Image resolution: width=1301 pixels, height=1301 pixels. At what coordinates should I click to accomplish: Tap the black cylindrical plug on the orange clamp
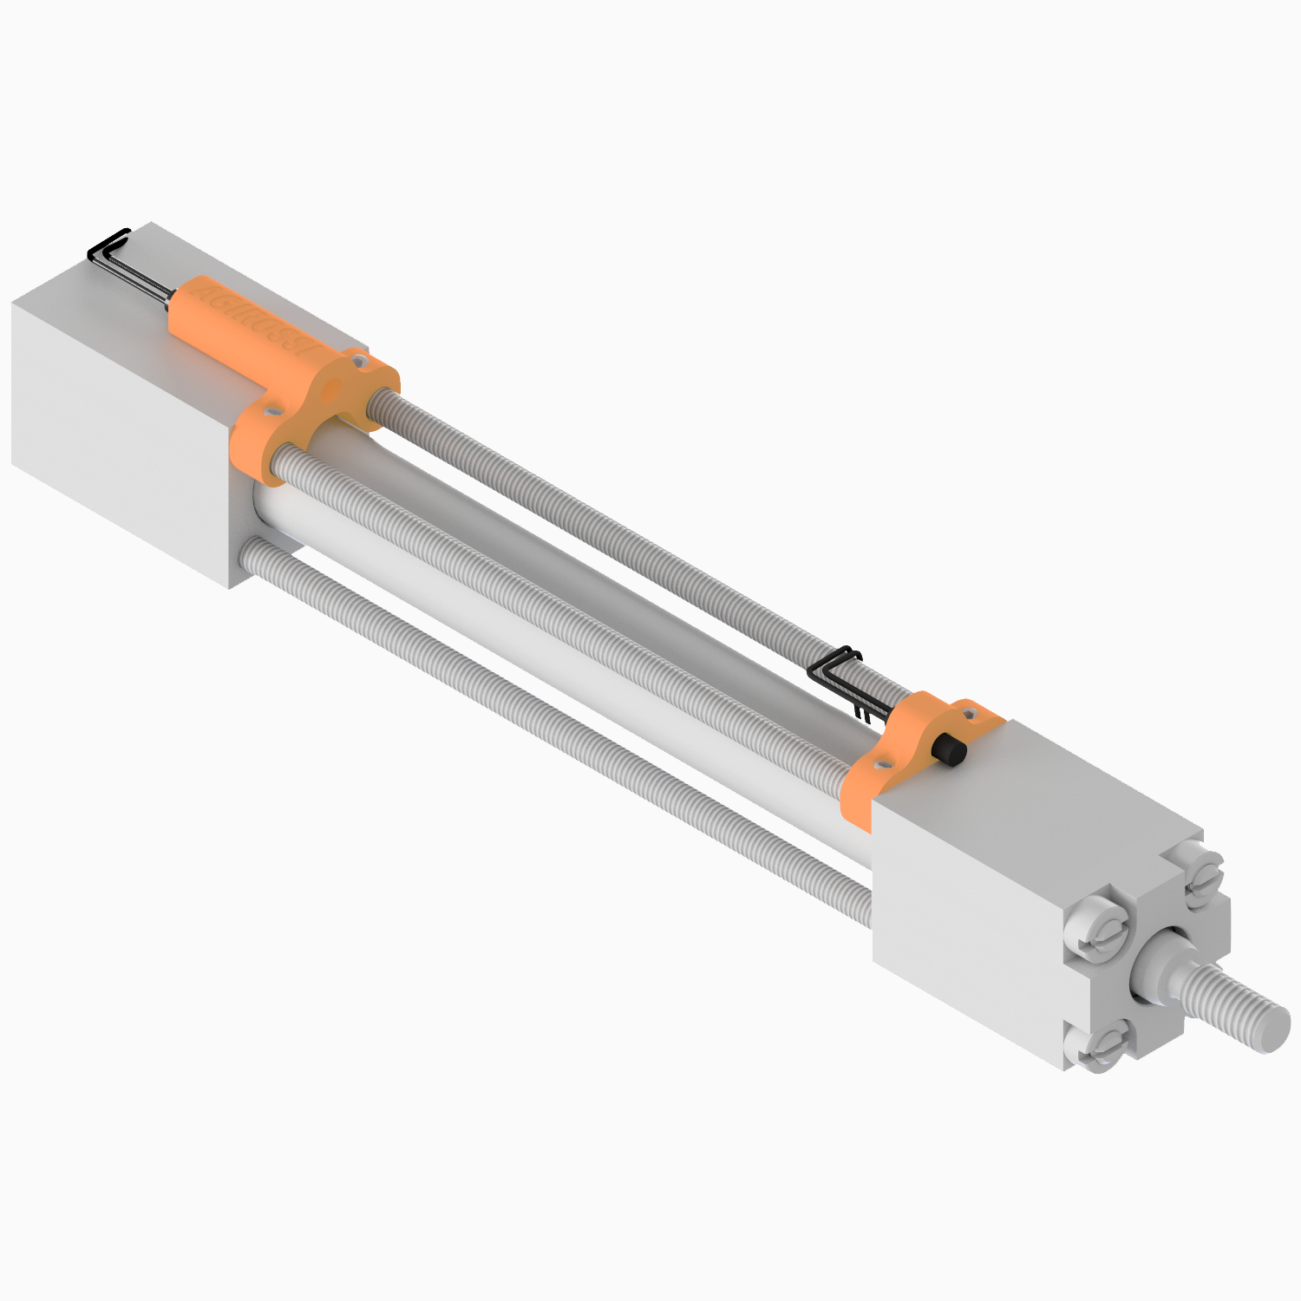click(x=950, y=750)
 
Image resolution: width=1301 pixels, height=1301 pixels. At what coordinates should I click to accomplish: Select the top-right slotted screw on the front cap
click(x=1204, y=879)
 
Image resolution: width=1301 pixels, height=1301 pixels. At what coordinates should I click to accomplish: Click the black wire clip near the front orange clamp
click(x=837, y=672)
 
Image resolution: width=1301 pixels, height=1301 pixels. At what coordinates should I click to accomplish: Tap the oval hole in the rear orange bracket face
click(x=330, y=389)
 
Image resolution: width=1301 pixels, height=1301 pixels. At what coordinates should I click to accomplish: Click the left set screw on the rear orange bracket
click(x=273, y=405)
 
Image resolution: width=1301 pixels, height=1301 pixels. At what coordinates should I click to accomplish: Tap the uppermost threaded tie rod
click(x=607, y=529)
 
